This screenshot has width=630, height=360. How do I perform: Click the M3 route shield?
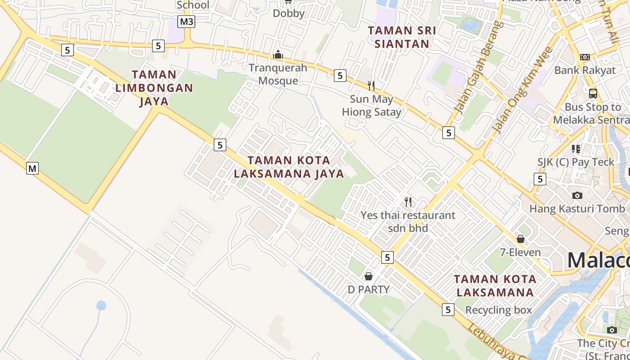pos(186,22)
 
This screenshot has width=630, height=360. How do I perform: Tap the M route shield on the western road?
pos(32,168)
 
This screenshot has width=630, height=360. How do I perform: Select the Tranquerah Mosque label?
pos(278,74)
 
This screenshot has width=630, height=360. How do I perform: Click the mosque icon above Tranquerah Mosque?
pos(278,55)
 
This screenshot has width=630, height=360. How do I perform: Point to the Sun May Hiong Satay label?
pos(372,105)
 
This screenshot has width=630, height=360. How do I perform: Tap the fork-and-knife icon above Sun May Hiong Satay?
pos(371,85)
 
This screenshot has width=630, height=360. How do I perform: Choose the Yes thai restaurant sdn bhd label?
pos(408,221)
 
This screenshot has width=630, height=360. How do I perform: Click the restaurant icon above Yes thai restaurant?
pos(408,202)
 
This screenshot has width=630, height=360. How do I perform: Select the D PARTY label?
pos(369,289)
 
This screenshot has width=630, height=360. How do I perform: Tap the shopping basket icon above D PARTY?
pos(369,276)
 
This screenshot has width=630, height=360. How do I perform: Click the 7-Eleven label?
pos(521,252)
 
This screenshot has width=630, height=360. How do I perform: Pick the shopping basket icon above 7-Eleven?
pos(521,238)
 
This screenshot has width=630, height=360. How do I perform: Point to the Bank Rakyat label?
pos(585,70)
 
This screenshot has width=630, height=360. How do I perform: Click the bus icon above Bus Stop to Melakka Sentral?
pos(593,94)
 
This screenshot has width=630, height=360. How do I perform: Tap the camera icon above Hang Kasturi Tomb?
pos(577,195)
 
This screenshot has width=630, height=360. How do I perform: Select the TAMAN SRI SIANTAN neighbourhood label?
pos(402,37)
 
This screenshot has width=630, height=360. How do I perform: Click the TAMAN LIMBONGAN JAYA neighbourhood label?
pos(154,88)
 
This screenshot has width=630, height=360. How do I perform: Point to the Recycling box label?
pos(499,310)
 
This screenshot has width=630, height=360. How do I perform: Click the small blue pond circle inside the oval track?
pos(101,306)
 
